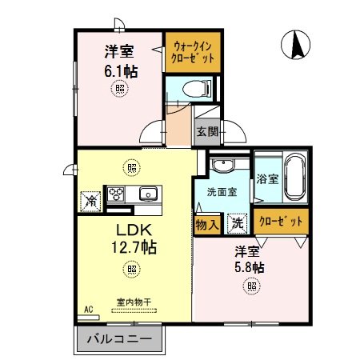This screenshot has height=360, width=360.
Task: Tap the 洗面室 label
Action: (220, 192)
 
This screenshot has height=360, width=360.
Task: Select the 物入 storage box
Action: (207, 224)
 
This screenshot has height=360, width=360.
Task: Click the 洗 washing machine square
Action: (238, 225)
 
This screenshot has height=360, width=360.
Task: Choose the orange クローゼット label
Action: (279, 220)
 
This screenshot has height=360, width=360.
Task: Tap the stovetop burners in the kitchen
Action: (116, 194)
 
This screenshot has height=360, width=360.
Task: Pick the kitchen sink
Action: (147, 194)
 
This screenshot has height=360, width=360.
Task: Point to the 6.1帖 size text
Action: (121, 70)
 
